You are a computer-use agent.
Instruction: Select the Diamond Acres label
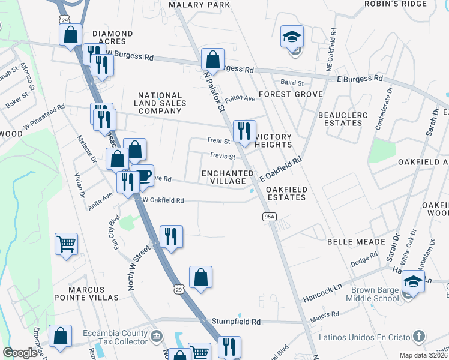109,37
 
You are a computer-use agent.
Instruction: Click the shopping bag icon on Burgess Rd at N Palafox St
212,59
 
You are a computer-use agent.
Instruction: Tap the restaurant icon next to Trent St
244,131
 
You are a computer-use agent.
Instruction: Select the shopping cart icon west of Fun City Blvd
66,244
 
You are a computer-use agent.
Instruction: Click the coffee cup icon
143,176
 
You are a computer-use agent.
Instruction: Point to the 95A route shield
269,216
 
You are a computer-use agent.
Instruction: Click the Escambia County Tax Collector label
116,338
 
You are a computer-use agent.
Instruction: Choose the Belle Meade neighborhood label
356,241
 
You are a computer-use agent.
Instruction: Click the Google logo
20,353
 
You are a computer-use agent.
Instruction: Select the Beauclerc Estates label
340,118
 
